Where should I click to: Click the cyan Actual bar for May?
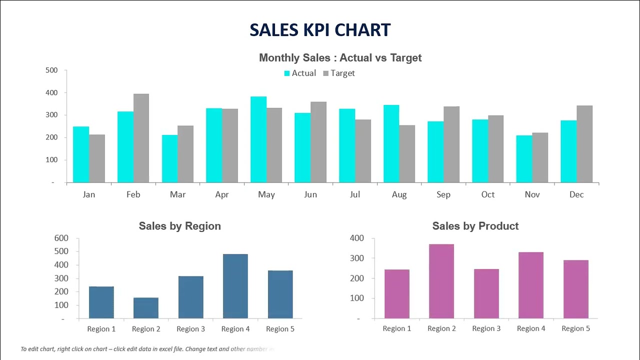click(x=258, y=140)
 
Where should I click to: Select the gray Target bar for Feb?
click(x=141, y=138)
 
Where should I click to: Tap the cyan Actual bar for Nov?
click(x=524, y=159)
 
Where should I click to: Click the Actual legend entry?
click(x=300, y=73)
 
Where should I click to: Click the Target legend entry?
click(x=339, y=73)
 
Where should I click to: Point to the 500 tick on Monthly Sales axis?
click(x=51, y=70)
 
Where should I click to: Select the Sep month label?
click(x=443, y=194)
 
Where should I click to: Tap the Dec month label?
click(x=576, y=194)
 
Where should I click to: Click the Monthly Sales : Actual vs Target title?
click(x=340, y=58)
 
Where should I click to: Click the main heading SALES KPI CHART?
click(x=320, y=30)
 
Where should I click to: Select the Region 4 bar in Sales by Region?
click(x=235, y=286)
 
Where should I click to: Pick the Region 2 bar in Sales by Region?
click(x=146, y=308)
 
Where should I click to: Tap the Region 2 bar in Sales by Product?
click(x=441, y=281)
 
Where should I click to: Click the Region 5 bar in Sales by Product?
click(x=575, y=289)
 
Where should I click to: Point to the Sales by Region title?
click(x=179, y=226)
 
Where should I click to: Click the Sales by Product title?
click(x=475, y=226)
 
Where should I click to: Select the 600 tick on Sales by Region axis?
click(x=61, y=238)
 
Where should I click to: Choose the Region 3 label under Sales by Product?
click(x=486, y=328)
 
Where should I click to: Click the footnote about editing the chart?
click(x=147, y=349)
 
